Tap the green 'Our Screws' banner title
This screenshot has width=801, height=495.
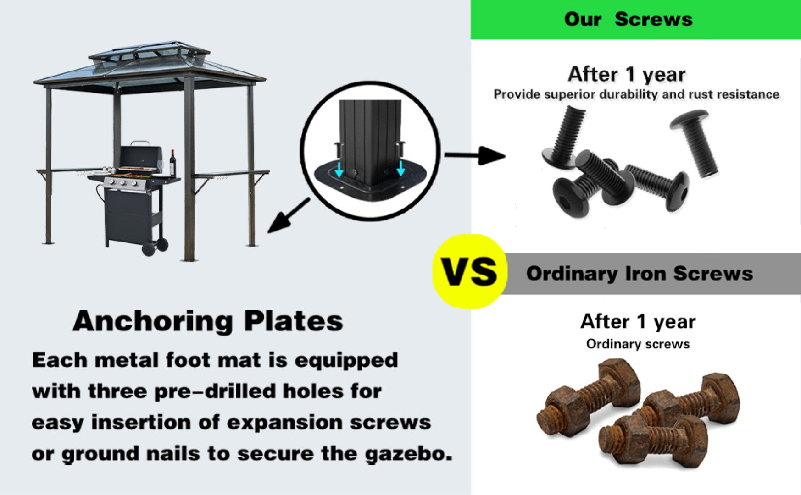click(628, 19)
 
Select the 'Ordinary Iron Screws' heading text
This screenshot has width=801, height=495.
click(640, 274)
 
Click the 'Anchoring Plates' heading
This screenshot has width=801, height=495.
click(208, 321)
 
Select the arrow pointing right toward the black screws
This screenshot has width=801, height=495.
click(475, 155)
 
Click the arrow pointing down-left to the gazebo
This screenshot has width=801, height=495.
click(289, 215)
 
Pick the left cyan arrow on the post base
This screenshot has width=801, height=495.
click(339, 169)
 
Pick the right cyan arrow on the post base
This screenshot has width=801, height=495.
click(400, 168)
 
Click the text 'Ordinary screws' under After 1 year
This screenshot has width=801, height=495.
click(638, 344)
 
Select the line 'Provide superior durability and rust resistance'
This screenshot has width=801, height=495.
click(636, 94)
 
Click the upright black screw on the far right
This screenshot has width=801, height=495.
click(694, 142)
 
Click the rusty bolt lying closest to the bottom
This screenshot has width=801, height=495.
click(653, 442)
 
